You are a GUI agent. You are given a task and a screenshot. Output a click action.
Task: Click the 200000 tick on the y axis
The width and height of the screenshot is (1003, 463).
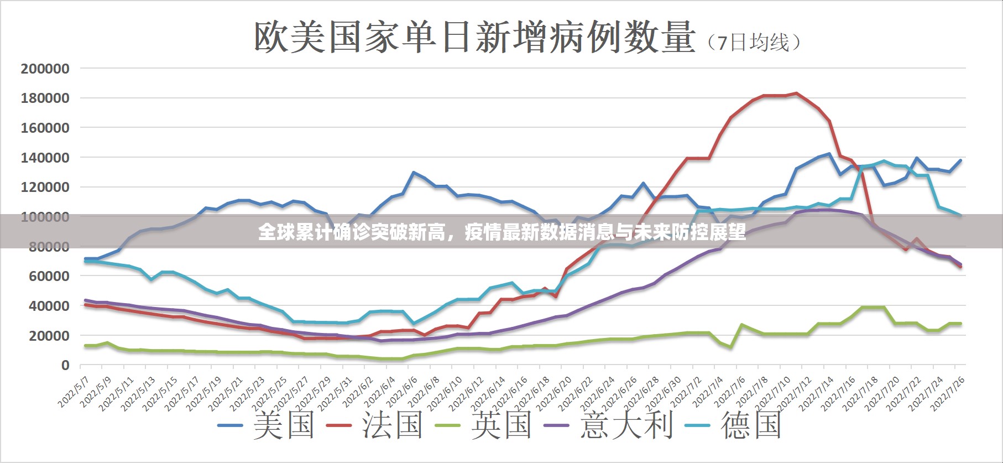45,69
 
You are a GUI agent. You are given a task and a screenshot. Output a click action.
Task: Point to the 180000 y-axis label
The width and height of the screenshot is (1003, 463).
45,98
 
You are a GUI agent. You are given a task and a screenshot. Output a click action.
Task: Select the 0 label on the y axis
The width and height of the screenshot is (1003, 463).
65,365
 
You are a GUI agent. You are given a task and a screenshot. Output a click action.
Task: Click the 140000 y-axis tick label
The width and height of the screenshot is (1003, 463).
45,158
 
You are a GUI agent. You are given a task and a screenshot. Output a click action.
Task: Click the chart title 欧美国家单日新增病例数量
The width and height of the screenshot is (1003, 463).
474,37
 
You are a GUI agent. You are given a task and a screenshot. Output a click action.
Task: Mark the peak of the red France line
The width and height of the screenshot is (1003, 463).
796,93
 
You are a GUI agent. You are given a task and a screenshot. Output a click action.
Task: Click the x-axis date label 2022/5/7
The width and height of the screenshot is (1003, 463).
74,392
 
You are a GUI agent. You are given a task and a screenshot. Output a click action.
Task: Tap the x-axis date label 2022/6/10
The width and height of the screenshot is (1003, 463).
445,393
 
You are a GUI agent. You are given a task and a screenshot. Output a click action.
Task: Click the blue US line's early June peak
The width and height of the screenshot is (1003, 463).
413,173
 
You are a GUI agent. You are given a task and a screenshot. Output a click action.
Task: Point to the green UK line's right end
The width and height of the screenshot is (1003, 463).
960,324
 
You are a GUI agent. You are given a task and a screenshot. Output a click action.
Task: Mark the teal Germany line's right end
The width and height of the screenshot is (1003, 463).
960,215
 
